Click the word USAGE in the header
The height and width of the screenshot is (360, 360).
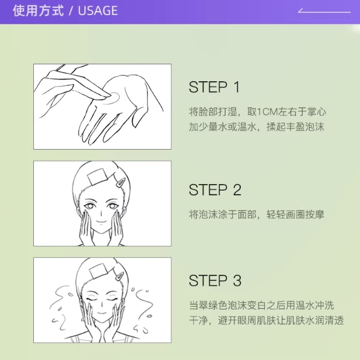coord(98,11)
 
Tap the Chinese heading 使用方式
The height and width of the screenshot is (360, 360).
coord(38,11)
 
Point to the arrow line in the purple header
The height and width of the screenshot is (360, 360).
coord(324,11)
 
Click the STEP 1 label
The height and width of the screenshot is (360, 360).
coord(214,87)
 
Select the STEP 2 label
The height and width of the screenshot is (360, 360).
coord(215,190)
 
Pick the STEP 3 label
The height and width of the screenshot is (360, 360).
coord(215,281)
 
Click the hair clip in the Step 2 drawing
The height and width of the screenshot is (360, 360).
coord(121,182)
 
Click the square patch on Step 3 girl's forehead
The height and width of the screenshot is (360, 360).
coord(98,271)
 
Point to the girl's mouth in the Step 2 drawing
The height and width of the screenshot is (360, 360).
coord(101,221)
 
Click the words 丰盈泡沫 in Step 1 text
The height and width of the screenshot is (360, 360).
coord(304,127)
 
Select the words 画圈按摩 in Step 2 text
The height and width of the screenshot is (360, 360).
coord(304,214)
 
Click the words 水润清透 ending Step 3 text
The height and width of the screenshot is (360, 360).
coord(324,320)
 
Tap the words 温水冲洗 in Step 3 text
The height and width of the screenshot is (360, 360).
coord(314,305)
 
